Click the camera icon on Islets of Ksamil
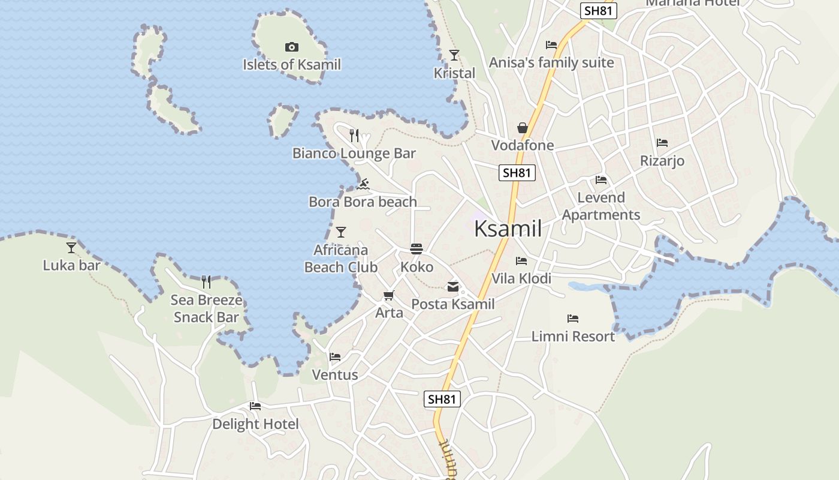click(x=291, y=47)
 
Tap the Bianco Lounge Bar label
click(x=354, y=154)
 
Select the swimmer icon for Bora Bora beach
click(x=363, y=184)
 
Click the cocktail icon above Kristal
click(x=454, y=55)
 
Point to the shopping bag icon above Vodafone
click(x=523, y=128)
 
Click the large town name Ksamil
click(x=508, y=229)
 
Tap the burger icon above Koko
click(x=417, y=249)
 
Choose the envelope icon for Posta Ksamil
click(x=453, y=287)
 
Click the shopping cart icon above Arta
click(x=389, y=295)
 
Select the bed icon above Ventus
click(x=335, y=357)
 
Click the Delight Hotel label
click(x=255, y=424)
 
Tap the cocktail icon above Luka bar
click(x=71, y=247)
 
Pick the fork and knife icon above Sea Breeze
click(x=206, y=281)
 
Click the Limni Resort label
click(x=573, y=337)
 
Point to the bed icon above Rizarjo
click(x=662, y=143)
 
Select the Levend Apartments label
click(x=601, y=206)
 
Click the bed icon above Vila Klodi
click(x=521, y=261)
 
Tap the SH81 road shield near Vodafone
click(x=517, y=173)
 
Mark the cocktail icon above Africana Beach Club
click(x=341, y=232)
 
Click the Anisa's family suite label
click(x=551, y=62)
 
